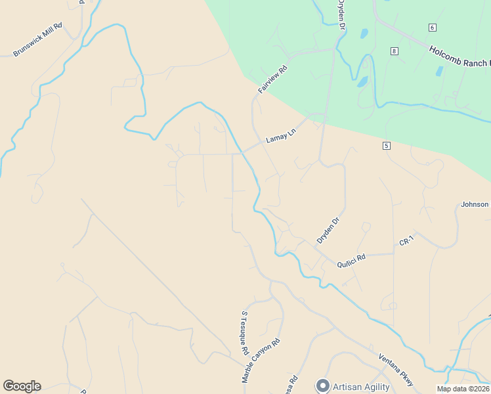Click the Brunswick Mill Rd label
[37, 40]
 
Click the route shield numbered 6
[432, 27]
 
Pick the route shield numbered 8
[393, 51]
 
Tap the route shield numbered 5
[387, 145]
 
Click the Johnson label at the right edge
[475, 204]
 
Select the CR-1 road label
[407, 242]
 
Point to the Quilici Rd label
[351, 261]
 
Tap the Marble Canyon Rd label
[261, 361]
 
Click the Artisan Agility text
[361, 387]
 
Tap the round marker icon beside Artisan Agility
[322, 385]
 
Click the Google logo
[22, 386]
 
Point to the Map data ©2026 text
[463, 389]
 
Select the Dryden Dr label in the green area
[341, 16]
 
